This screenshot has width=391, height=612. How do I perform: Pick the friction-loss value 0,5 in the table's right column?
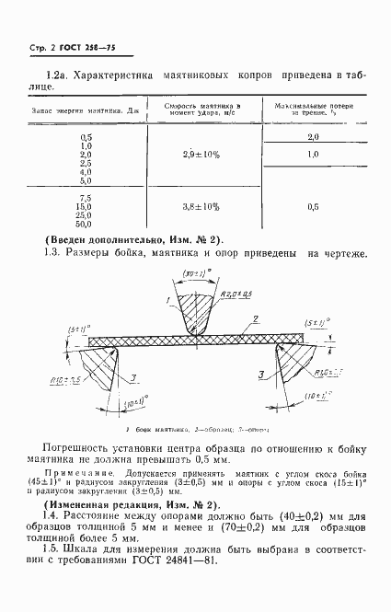pyautogui.click(x=313, y=207)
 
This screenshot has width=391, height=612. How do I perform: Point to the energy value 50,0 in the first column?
pyautogui.click(x=86, y=224)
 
